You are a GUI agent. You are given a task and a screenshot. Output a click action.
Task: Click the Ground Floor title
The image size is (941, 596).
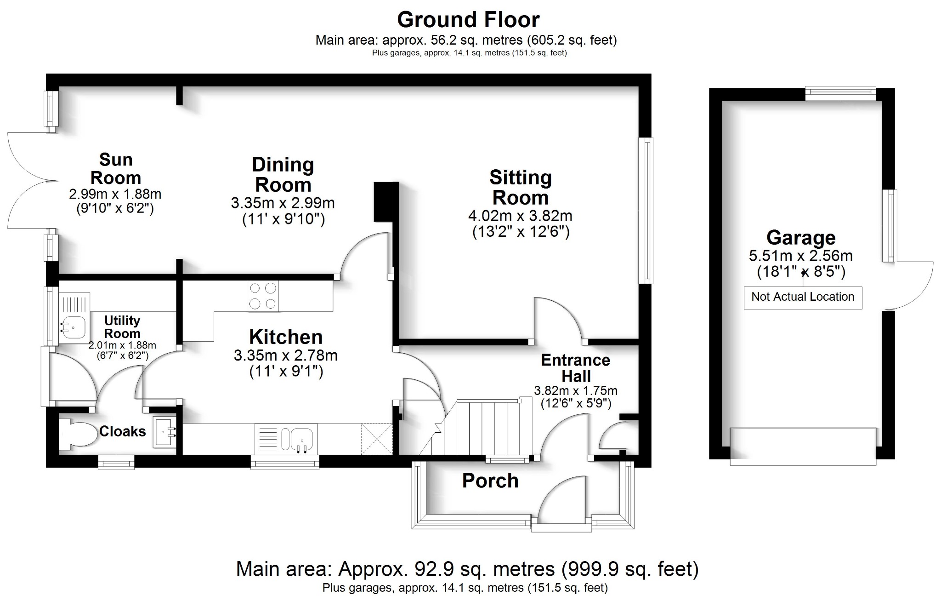point(468,20)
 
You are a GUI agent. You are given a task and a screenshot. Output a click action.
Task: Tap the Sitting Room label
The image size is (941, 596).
point(520,188)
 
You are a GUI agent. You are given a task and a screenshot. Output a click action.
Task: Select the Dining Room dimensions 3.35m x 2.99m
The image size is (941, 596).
point(283,203)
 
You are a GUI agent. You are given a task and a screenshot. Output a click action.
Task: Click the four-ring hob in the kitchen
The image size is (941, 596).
point(263,296)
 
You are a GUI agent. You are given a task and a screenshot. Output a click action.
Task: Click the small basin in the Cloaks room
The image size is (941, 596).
point(164,432)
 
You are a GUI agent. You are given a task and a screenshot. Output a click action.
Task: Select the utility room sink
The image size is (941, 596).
point(73,327)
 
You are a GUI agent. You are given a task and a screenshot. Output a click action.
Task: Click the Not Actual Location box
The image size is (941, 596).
point(802,297)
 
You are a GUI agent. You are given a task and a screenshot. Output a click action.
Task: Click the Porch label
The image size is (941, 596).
point(490,481)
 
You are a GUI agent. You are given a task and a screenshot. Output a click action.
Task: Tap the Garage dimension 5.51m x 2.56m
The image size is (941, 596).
point(800,256)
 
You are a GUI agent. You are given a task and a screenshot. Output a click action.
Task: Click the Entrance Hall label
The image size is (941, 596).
point(575,368)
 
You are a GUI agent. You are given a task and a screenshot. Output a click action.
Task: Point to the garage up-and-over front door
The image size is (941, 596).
point(802,446)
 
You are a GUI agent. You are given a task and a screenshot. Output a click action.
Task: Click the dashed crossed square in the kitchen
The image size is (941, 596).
point(377,439)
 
